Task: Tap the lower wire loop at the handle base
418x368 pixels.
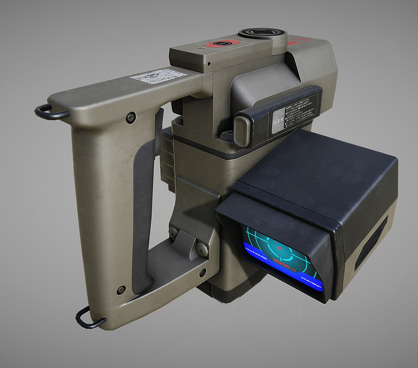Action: (86, 318)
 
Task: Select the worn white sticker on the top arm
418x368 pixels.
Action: (159, 76)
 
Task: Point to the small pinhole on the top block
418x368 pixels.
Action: (209, 63)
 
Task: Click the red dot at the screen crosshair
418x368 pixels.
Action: (279, 247)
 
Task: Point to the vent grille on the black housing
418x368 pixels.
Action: (372, 242)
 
